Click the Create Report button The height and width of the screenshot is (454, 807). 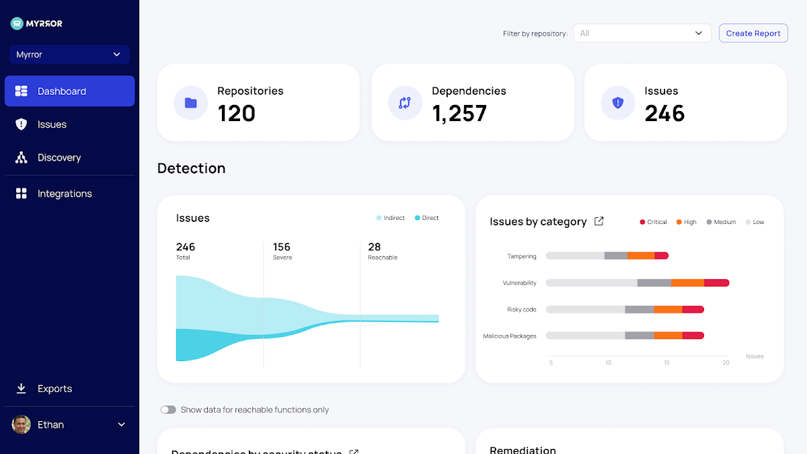753,33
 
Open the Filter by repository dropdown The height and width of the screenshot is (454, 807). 642,33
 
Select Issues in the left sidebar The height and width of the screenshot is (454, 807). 52,124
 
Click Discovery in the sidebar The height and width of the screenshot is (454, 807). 59,157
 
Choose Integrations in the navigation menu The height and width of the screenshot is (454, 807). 65,194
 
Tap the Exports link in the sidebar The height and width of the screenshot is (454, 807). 54,389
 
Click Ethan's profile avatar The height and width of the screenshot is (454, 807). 22,424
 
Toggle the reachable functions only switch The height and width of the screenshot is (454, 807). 168,410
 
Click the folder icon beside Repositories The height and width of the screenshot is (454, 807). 191,103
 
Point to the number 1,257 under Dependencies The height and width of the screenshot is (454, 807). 459,113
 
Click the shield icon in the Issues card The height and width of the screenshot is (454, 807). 617,103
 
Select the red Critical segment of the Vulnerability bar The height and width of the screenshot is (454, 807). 716,283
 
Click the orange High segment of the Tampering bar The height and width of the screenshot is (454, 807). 641,256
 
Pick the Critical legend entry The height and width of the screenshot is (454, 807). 653,222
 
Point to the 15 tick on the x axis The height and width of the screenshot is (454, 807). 666,363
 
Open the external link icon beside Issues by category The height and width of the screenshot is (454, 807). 599,221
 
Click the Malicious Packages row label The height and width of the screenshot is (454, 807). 510,336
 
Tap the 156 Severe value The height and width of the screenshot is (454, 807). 282,248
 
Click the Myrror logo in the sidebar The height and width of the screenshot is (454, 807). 37,24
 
